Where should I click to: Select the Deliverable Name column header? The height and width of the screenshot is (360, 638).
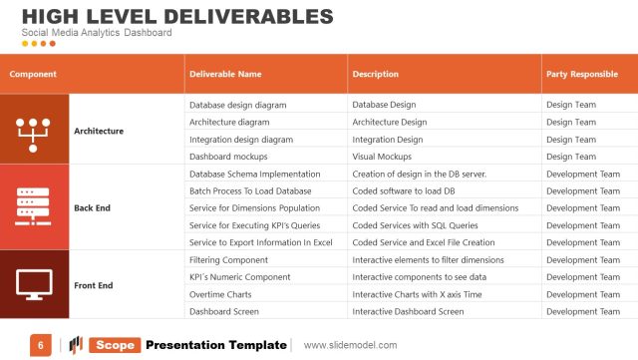click(x=225, y=74)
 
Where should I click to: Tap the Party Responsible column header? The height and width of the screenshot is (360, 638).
click(x=581, y=74)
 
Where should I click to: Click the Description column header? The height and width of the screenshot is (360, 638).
click(x=376, y=74)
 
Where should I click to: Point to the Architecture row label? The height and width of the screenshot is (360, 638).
click(x=99, y=131)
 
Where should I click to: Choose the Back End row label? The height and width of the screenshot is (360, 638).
click(x=92, y=207)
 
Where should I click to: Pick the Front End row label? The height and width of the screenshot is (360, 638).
click(x=93, y=285)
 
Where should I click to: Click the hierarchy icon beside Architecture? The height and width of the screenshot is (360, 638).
click(x=34, y=131)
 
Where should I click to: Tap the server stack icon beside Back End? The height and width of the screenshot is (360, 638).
click(x=34, y=207)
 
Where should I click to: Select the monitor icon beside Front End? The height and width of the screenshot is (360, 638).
click(x=34, y=285)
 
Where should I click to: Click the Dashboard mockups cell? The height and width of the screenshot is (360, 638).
click(x=228, y=157)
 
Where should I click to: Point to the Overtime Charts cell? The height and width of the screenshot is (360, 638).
click(x=221, y=294)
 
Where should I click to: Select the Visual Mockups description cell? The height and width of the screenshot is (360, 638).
click(x=382, y=157)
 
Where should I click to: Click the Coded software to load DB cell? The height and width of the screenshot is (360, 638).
click(x=404, y=190)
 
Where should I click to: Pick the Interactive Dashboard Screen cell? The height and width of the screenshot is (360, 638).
click(x=408, y=311)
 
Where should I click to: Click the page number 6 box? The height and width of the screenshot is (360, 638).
click(x=40, y=345)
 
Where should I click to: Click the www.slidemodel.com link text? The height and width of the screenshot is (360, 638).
click(x=350, y=345)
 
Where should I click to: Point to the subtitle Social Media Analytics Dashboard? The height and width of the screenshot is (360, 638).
click(x=97, y=33)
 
